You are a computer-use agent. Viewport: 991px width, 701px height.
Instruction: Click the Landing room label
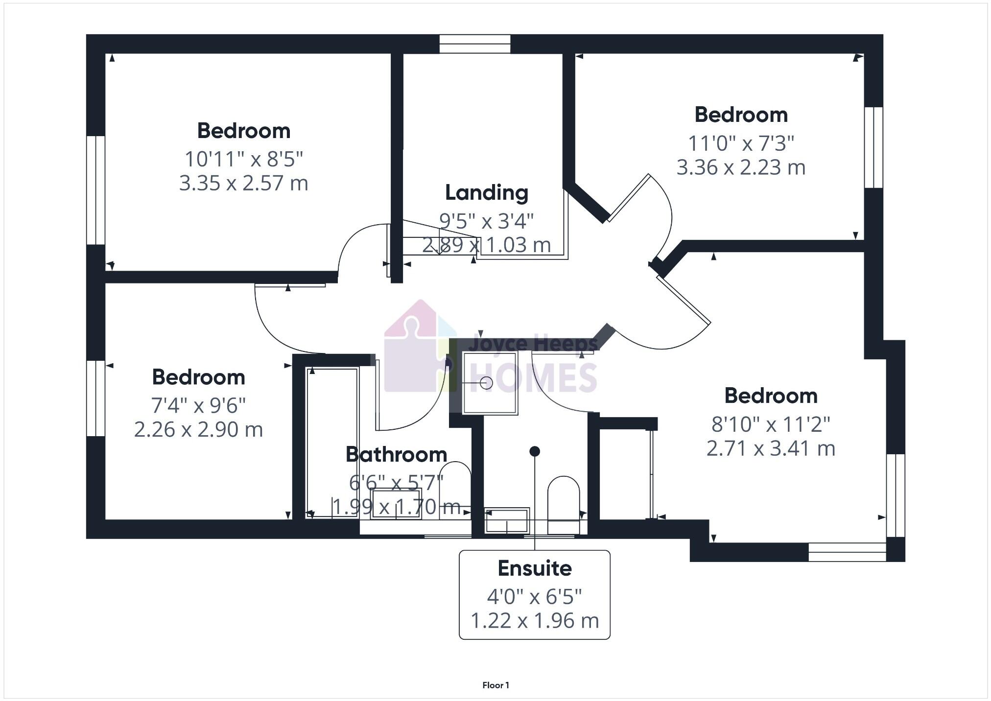tap(487, 193)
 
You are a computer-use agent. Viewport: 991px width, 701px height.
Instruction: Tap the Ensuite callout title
tap(535, 568)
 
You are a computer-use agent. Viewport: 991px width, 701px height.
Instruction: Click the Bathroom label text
tap(396, 455)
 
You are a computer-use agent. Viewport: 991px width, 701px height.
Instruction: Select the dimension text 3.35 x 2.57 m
tap(243, 183)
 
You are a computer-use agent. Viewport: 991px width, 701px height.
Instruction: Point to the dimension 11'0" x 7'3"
tap(741, 143)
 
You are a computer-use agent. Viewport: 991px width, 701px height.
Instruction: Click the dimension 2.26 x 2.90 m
tap(198, 429)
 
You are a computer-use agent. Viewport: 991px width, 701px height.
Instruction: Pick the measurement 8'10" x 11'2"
tap(771, 424)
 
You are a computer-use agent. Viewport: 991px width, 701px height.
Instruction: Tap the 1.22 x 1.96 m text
tap(535, 621)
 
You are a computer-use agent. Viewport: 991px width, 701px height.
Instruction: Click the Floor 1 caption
tap(495, 685)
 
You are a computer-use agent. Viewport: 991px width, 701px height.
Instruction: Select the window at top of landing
tap(474, 44)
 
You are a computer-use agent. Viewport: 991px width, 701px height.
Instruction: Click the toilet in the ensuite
tap(563, 502)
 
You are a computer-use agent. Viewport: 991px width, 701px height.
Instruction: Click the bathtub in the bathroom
tap(332, 442)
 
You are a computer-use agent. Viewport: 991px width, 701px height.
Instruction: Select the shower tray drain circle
tap(486, 383)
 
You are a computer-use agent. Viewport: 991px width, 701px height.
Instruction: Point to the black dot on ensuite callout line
tap(535, 451)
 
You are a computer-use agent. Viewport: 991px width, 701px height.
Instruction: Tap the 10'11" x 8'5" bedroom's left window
tap(96, 190)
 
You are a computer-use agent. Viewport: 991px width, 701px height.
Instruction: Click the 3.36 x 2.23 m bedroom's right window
tap(873, 147)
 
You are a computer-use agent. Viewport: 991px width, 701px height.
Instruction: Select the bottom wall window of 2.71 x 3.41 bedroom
tap(847, 552)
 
